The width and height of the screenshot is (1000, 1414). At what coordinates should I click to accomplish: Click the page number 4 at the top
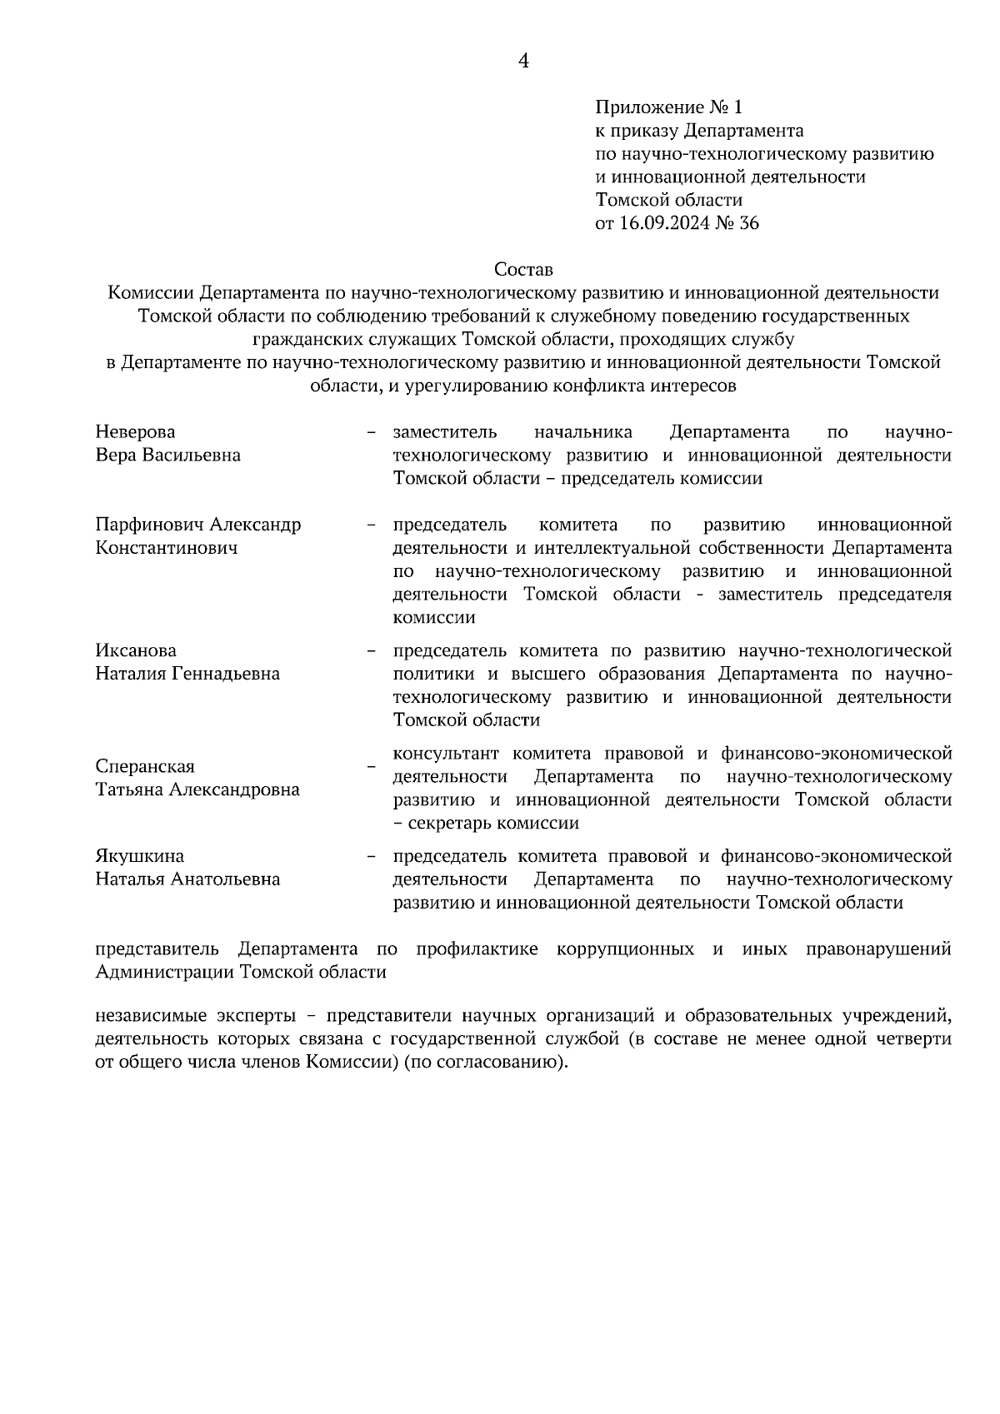(524, 61)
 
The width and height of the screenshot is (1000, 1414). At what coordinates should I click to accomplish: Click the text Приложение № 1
(667, 107)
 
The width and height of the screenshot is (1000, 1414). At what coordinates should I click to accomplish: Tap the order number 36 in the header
(749, 223)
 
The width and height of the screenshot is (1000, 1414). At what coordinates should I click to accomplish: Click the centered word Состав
(523, 270)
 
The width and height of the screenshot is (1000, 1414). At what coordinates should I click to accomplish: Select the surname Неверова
(135, 431)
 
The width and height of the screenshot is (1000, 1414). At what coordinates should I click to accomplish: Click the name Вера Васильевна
(168, 455)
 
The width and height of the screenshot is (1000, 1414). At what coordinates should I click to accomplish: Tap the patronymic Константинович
(167, 548)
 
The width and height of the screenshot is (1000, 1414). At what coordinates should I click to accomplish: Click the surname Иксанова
(136, 650)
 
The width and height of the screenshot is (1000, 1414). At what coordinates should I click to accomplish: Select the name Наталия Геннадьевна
(187, 674)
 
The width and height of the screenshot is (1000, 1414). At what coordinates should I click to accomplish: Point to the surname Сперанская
(145, 766)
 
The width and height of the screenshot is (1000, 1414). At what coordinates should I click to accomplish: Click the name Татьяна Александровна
(197, 789)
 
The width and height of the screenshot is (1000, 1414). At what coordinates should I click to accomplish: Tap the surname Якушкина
(140, 856)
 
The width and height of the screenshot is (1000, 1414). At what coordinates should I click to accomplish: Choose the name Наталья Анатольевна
(187, 879)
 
